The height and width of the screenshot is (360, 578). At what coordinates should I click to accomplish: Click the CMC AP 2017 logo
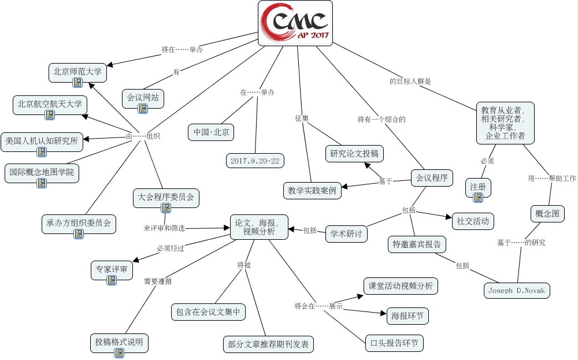(x=295, y=23)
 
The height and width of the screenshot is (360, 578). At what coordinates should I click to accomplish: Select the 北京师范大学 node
(x=77, y=72)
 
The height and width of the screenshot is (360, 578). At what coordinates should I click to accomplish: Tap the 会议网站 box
(x=143, y=97)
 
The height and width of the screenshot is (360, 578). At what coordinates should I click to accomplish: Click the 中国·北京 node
(x=211, y=132)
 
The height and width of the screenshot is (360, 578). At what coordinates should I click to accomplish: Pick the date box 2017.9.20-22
(x=255, y=161)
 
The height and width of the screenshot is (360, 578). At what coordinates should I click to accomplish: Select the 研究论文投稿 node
(x=355, y=154)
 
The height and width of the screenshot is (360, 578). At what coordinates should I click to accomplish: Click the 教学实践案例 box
(x=312, y=190)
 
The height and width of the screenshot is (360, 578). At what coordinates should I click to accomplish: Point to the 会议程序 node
(x=431, y=178)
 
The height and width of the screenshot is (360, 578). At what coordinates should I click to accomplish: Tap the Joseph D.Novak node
(x=516, y=290)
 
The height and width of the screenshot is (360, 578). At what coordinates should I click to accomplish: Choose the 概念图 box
(x=547, y=214)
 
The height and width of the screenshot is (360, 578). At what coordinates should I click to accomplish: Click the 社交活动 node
(x=472, y=220)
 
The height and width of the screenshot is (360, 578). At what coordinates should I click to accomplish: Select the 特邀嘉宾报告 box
(x=416, y=244)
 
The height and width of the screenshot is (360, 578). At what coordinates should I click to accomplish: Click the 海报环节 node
(x=407, y=316)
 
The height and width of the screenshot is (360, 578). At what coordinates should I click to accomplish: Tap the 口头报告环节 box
(x=394, y=343)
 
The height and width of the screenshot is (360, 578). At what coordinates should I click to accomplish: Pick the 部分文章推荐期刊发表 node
(x=268, y=345)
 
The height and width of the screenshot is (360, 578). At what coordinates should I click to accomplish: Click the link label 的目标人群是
(x=410, y=81)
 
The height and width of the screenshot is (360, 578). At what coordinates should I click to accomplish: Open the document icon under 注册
(x=477, y=198)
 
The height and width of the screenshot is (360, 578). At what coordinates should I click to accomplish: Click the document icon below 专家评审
(x=112, y=280)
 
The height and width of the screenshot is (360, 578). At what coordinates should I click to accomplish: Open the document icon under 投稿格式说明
(x=119, y=353)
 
